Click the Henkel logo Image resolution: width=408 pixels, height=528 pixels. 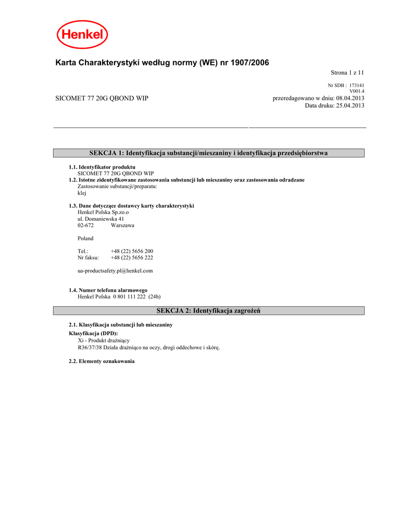pos(82,36)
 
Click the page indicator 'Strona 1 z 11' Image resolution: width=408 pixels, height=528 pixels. pos(347,73)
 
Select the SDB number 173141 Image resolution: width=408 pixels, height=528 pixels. pos(356,85)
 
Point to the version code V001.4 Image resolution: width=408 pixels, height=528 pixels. pos(357,91)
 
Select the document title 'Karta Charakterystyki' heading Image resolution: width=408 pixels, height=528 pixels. pos(162,62)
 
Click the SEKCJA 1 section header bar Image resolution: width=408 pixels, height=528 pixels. pos(209,153)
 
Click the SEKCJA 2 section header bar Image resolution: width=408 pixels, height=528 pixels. pos(209,310)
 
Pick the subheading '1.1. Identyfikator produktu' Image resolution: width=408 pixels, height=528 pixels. pos(102,168)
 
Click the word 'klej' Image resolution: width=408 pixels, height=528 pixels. pos(81,192)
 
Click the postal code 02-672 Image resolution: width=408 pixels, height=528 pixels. pos(86,225)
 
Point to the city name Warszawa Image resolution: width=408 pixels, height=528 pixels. pos(122,225)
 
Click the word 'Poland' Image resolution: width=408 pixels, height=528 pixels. pos(86,238)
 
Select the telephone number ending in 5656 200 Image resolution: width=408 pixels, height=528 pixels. pos(132,251)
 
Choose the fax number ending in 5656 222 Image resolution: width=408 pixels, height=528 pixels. pos(132,257)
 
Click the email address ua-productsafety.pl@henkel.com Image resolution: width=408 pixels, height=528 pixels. pos(115,270)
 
